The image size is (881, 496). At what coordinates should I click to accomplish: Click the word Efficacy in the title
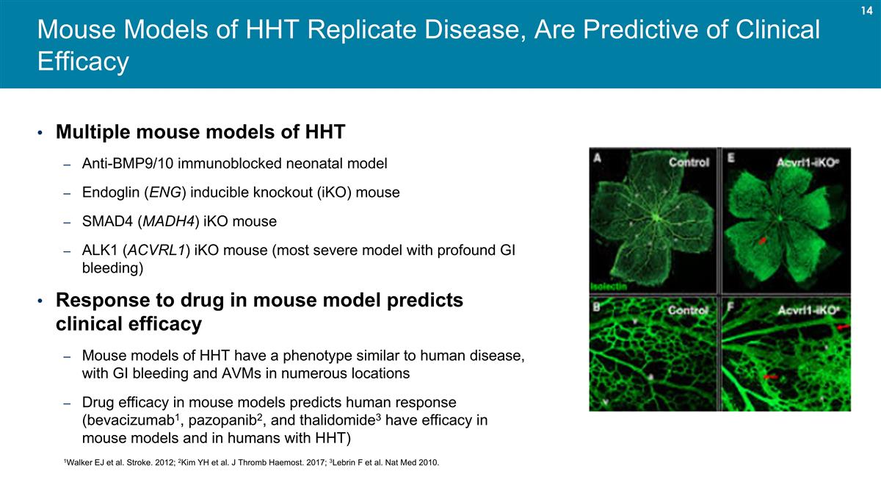point(83,62)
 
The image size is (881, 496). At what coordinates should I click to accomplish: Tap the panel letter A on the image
point(598,157)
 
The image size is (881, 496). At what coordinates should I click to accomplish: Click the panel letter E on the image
point(731,157)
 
